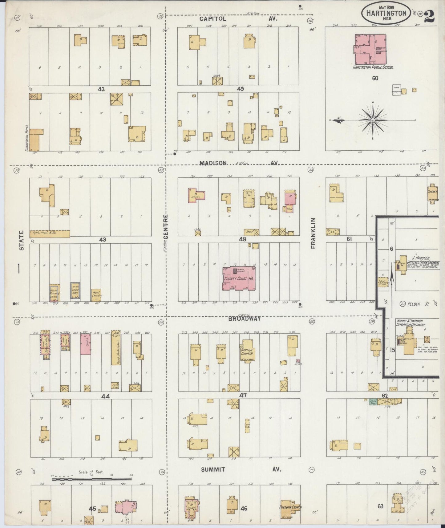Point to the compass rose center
[372, 120]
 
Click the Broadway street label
[244, 319]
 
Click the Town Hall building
[75, 290]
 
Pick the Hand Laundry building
[96, 295]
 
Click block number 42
[101, 89]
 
